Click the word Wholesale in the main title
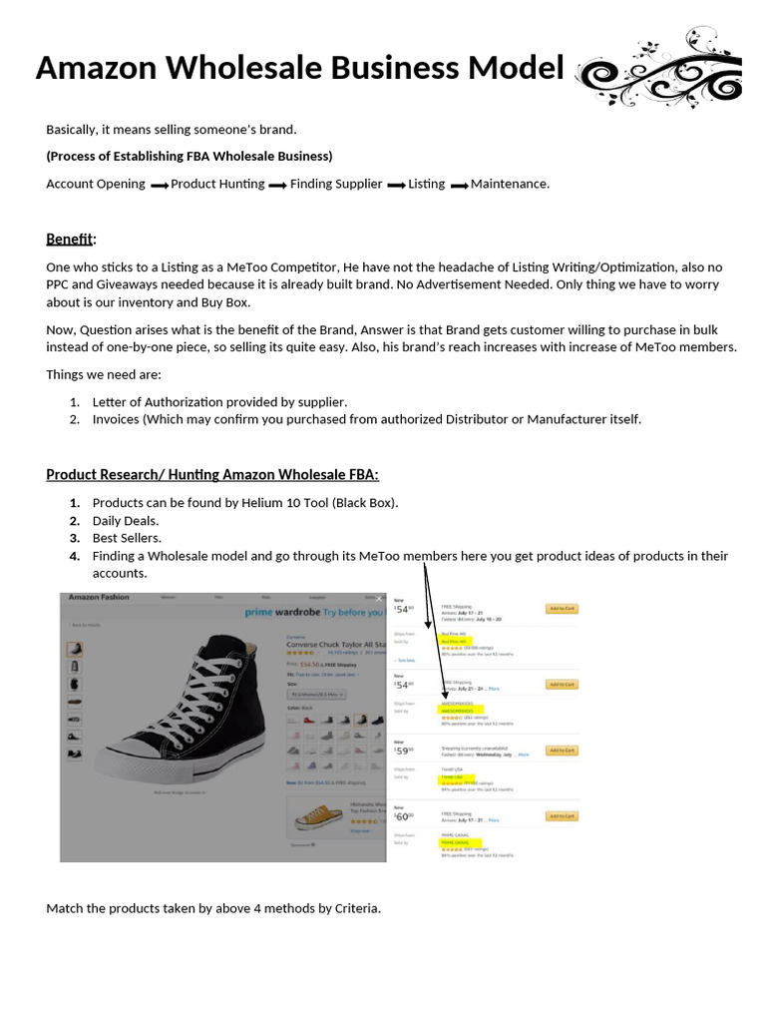point(227,68)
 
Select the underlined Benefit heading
point(69,239)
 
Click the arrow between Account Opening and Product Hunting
point(159,185)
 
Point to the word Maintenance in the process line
point(509,184)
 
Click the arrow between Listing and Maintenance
point(459,185)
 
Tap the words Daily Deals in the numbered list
point(126,520)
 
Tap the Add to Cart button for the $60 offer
point(562,816)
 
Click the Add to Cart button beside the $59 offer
point(562,750)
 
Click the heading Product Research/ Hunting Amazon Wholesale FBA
point(212,474)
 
